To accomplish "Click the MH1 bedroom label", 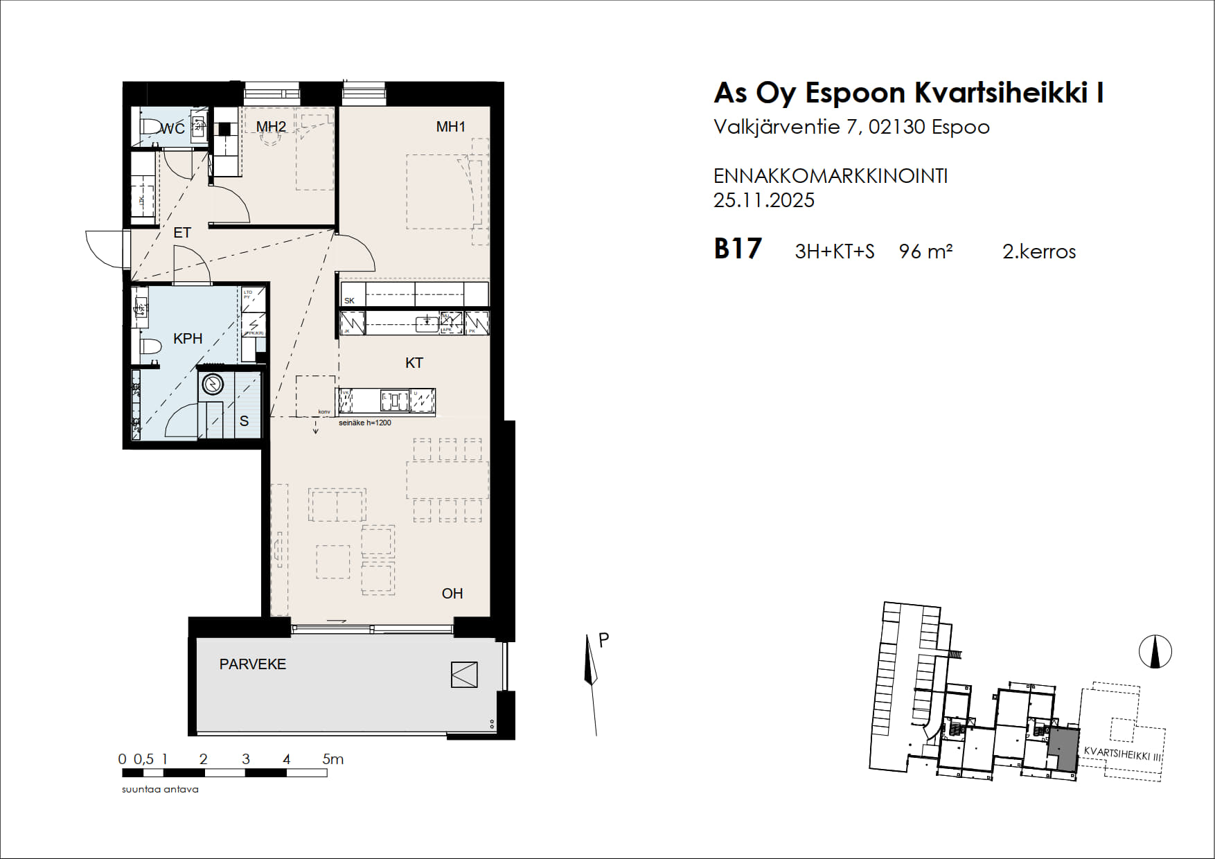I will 450,127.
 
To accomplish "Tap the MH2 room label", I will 271,127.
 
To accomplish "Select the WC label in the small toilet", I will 172,129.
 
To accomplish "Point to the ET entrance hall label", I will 182,233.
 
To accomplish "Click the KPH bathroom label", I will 188,339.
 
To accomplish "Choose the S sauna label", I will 244,421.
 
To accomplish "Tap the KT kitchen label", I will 414,363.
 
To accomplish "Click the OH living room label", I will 452,594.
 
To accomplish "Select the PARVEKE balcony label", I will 252,664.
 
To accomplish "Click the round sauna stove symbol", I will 213,384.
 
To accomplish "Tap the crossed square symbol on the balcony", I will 464,675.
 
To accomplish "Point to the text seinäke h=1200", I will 364,423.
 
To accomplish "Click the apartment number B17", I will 738,249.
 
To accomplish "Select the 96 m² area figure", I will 925,251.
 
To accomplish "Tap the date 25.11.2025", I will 763,201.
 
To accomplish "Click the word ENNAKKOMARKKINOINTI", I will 830,177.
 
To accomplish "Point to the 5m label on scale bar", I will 332,759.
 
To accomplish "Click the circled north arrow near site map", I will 1155,652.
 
